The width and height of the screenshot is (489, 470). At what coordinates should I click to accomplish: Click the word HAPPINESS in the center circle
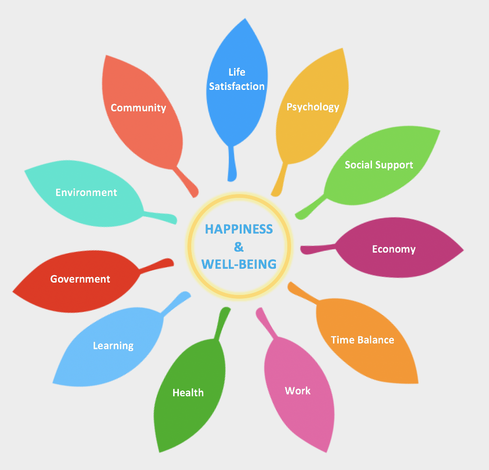(239, 229)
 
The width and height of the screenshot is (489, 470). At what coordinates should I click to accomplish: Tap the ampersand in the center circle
(239, 246)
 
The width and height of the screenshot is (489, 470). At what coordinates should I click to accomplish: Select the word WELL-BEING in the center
(239, 264)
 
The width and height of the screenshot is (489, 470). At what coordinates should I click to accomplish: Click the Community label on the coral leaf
(138, 108)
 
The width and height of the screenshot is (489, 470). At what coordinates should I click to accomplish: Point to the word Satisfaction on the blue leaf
(237, 87)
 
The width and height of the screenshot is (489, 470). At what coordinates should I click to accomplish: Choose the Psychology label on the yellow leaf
(313, 107)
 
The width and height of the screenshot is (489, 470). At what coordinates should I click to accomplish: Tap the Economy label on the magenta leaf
(394, 249)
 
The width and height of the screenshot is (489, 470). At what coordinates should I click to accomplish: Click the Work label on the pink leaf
(298, 391)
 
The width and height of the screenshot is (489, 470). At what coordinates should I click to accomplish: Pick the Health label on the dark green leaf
(188, 392)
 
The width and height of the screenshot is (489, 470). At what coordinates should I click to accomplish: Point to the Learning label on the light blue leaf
(113, 346)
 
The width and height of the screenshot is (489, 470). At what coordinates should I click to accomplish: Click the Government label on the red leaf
(80, 279)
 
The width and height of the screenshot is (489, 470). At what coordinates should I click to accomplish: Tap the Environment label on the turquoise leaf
(86, 193)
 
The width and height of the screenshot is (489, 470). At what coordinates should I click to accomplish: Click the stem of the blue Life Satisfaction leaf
(232, 164)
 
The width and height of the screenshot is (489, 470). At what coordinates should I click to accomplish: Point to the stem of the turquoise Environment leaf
(160, 216)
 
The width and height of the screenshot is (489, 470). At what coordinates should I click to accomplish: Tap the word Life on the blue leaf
(237, 72)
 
